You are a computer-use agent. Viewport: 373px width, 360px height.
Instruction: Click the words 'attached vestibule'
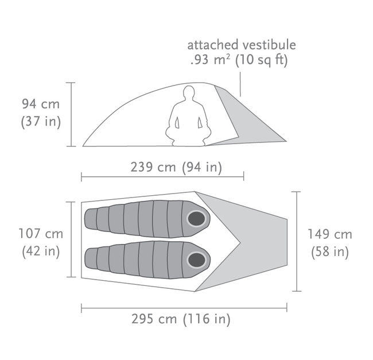(x=242, y=45)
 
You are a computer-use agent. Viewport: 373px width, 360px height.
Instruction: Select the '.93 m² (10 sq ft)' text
(x=239, y=60)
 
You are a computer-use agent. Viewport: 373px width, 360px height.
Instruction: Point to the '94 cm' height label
(x=41, y=104)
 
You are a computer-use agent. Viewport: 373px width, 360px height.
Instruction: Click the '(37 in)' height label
(x=41, y=121)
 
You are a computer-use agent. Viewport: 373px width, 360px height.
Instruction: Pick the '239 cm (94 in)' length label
(x=176, y=167)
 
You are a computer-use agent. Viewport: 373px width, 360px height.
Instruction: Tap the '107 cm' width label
(x=41, y=234)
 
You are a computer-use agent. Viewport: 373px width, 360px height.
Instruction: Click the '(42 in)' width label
(x=41, y=251)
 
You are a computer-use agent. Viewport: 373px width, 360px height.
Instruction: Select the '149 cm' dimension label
(x=330, y=234)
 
